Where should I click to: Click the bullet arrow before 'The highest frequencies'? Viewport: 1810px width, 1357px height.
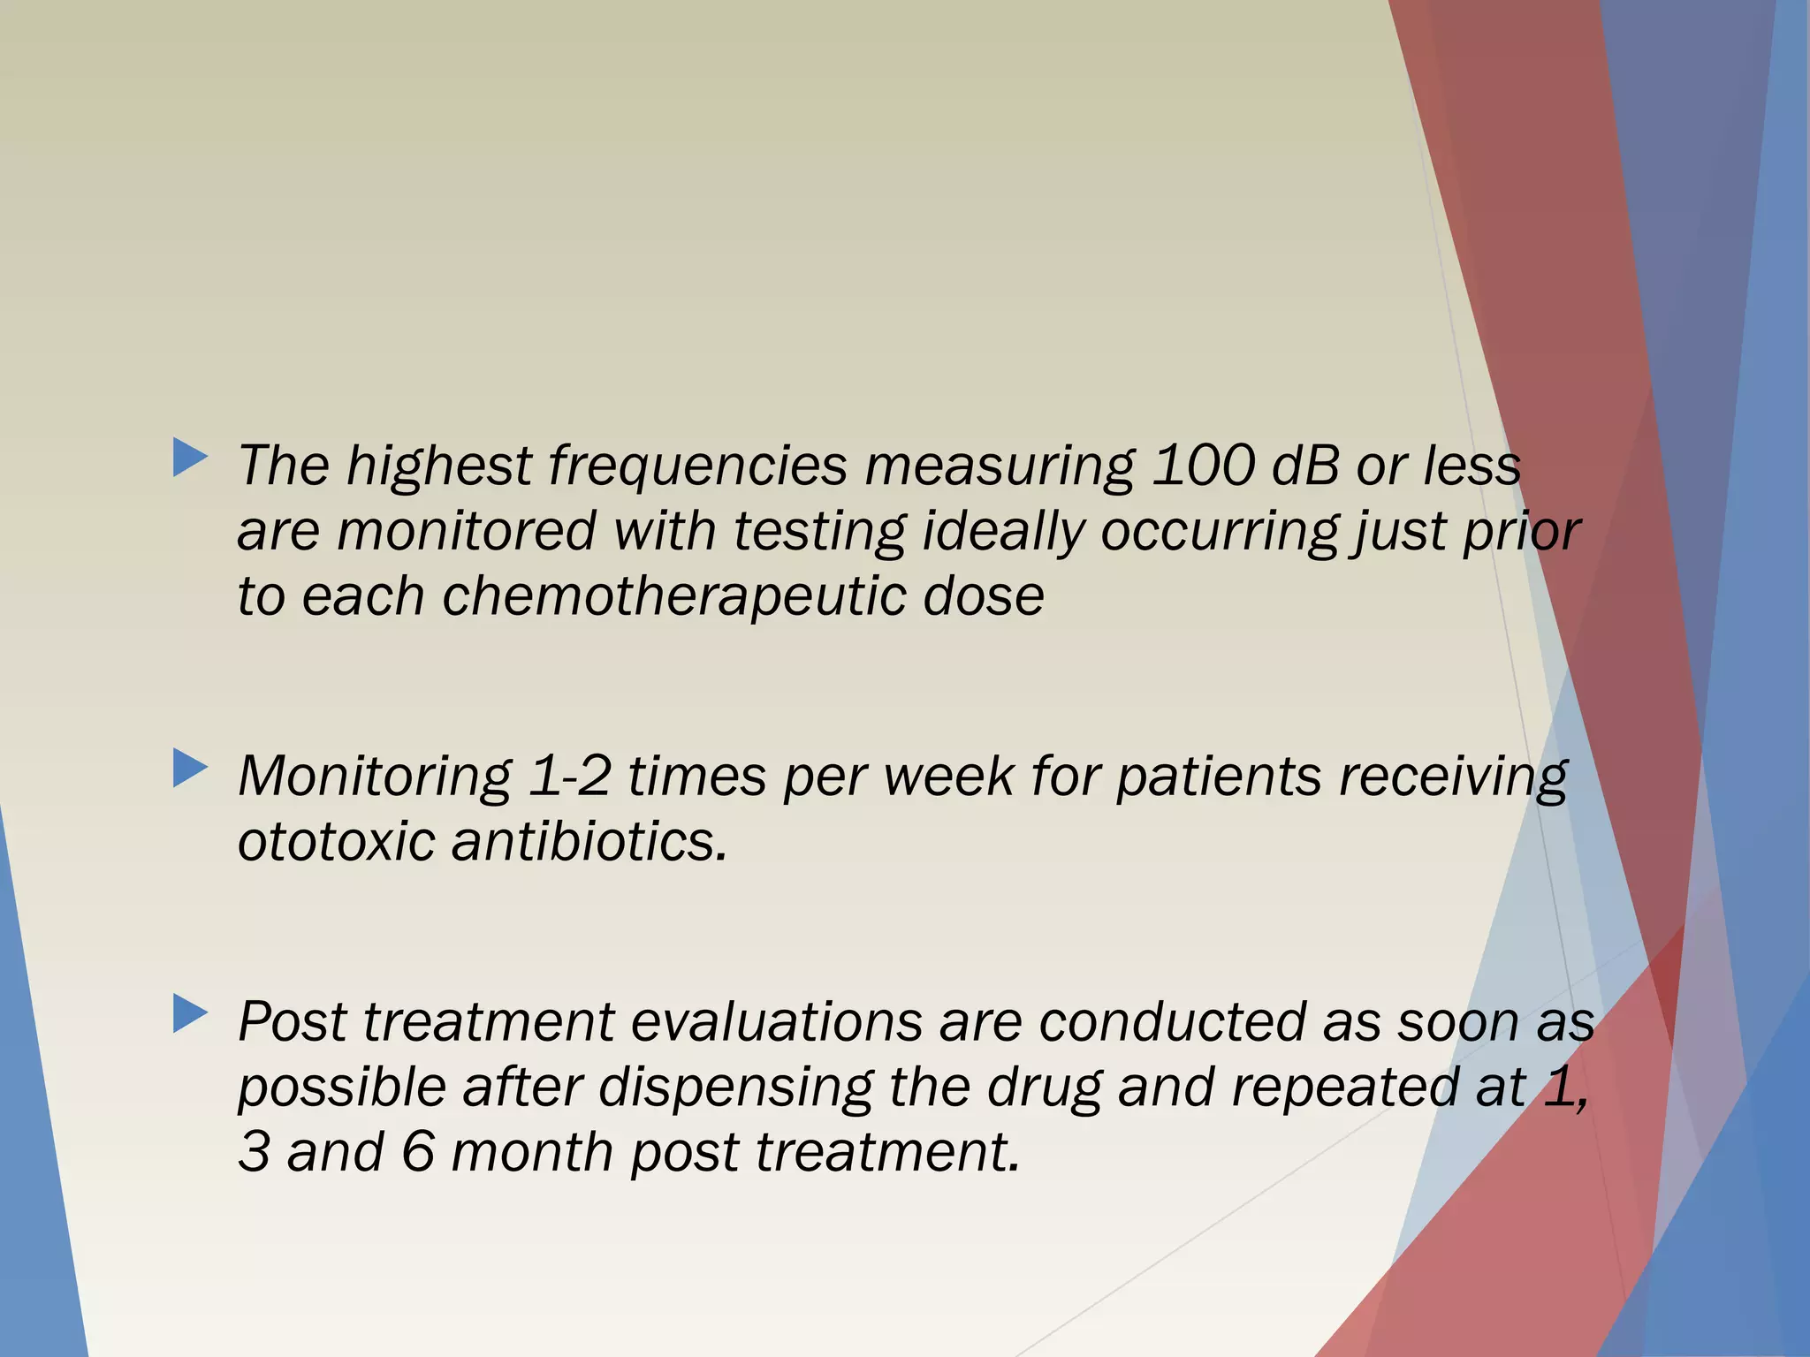[x=191, y=459]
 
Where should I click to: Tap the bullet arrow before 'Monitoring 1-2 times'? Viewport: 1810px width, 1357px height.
[x=191, y=769]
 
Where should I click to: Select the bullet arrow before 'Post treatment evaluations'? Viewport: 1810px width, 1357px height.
[x=191, y=1014]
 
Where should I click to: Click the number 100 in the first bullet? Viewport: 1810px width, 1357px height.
[x=1203, y=466]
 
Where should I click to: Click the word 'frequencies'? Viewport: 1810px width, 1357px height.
[x=697, y=466]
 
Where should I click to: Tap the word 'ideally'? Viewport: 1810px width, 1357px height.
[x=1003, y=531]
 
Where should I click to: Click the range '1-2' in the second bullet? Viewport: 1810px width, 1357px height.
[x=569, y=777]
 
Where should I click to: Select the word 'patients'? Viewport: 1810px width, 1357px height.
[x=1219, y=777]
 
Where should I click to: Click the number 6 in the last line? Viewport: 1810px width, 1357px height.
[x=417, y=1153]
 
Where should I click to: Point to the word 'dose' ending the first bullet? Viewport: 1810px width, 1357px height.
[x=983, y=596]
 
